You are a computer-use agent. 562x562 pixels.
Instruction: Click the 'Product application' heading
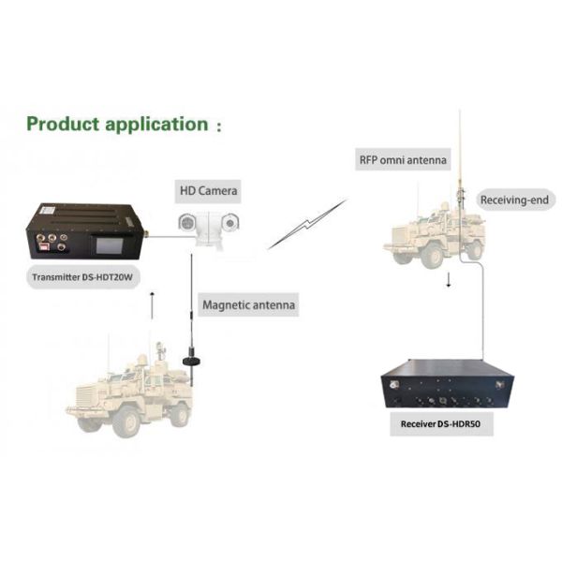[117, 124]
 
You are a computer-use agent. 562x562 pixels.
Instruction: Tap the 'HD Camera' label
[208, 191]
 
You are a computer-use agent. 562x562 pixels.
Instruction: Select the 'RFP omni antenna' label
[403, 159]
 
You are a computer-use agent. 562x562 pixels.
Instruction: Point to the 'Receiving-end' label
[514, 200]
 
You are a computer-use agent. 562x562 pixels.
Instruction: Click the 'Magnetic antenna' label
[249, 305]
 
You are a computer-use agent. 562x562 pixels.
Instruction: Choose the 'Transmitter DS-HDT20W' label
[82, 277]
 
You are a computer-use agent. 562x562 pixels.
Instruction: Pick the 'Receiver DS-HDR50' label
[441, 424]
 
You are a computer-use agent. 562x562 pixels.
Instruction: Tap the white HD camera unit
[209, 229]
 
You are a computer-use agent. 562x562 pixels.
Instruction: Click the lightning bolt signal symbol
[307, 225]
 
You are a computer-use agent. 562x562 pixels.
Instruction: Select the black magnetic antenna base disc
[191, 361]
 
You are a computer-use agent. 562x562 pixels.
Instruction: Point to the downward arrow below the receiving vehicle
[448, 279]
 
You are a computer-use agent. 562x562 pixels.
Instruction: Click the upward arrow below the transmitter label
[152, 305]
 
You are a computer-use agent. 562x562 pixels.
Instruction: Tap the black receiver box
[448, 385]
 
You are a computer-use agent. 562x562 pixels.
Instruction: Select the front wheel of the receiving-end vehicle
[432, 255]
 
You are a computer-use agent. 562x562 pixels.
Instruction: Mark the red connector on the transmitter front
[44, 246]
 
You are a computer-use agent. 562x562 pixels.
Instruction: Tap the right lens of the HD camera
[229, 223]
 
